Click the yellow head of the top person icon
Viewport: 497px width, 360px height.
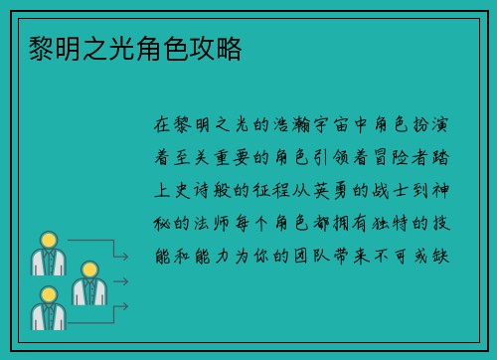46,240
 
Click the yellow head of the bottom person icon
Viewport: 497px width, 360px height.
46,294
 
